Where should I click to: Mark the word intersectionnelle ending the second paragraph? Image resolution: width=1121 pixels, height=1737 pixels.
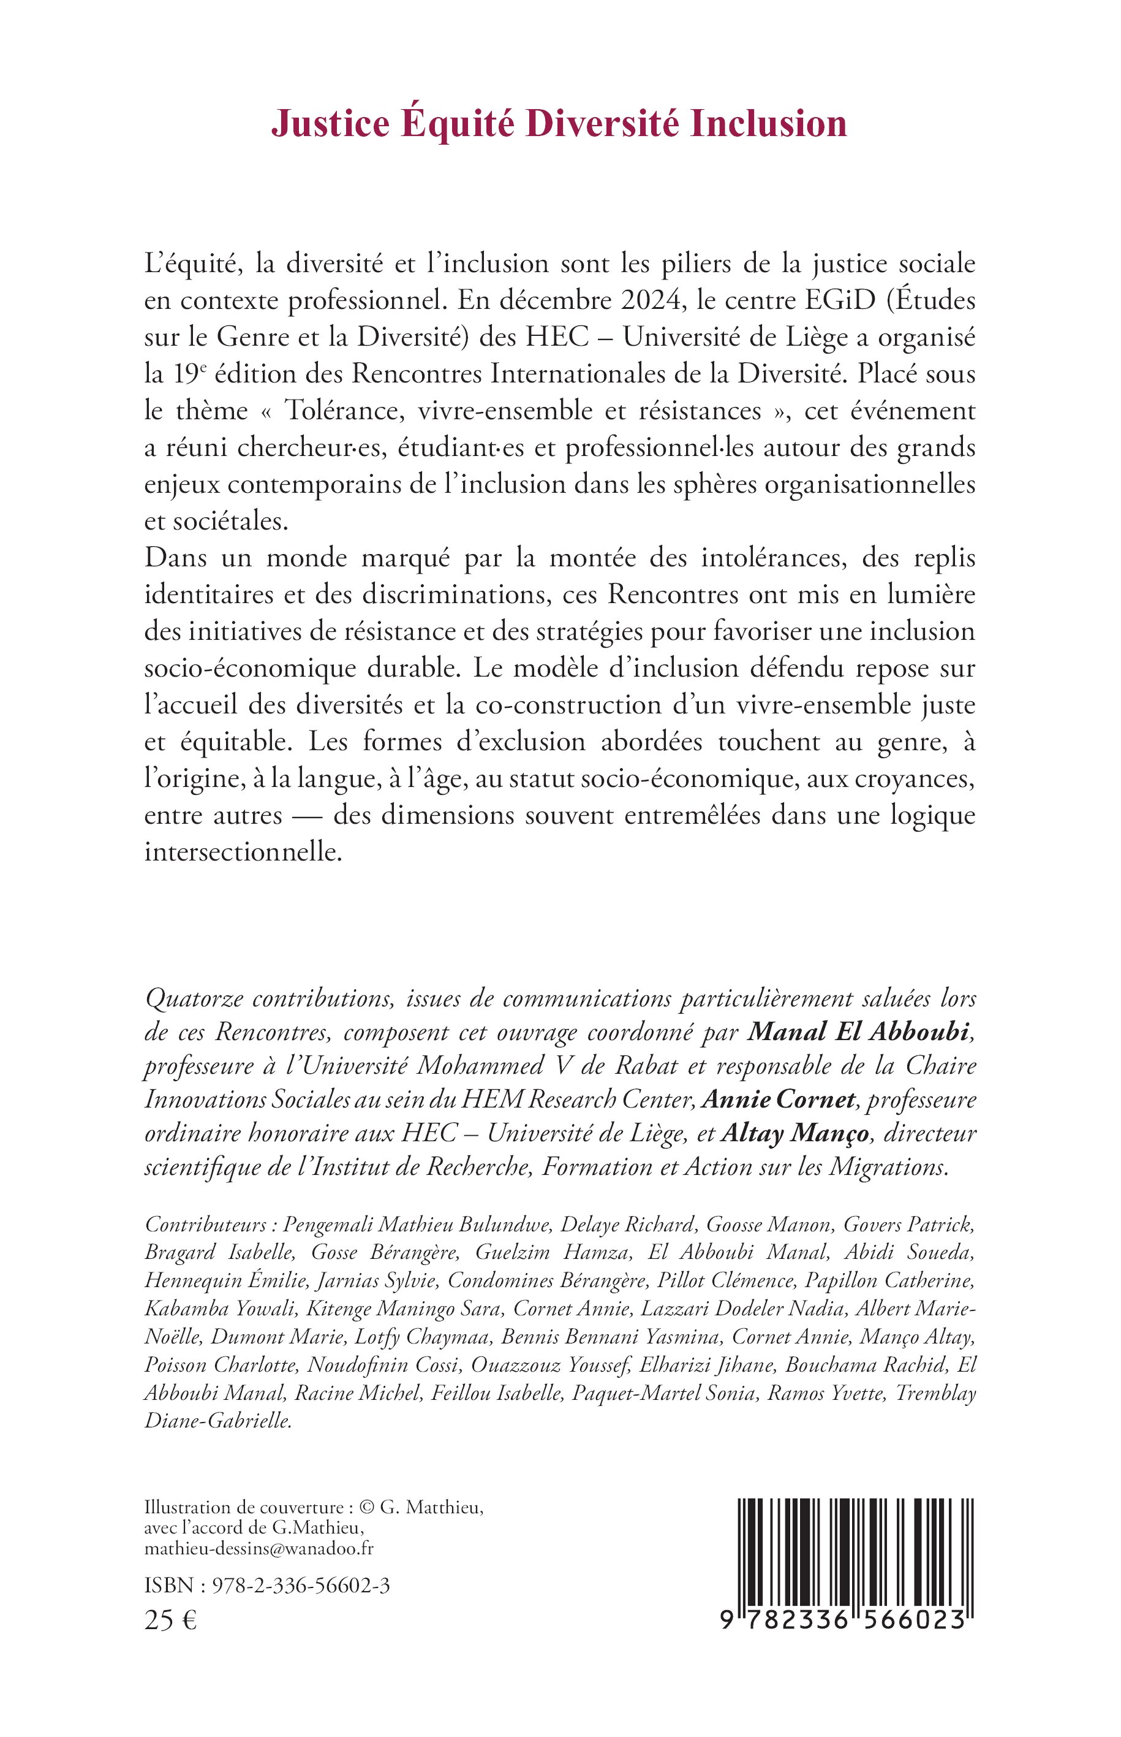(243, 851)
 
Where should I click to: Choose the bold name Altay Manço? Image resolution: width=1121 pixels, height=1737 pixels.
(795, 1133)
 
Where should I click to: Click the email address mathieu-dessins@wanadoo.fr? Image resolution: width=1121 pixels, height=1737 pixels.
(259, 1548)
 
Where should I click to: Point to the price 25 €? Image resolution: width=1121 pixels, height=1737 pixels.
(170, 1621)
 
